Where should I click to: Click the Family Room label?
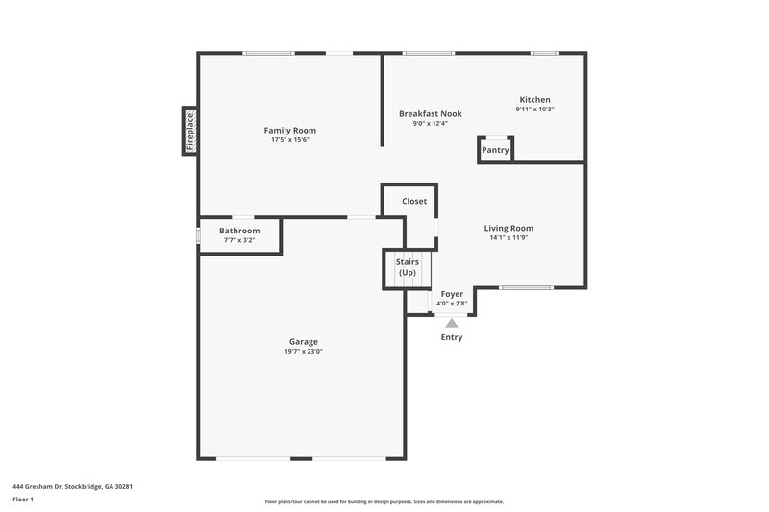(x=289, y=130)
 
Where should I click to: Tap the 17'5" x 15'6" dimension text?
(x=289, y=140)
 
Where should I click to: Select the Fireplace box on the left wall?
(x=189, y=131)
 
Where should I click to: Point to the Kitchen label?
(x=534, y=99)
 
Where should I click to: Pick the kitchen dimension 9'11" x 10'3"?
(x=534, y=110)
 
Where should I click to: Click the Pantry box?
(x=495, y=150)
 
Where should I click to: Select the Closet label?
(x=414, y=201)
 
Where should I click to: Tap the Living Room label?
(x=509, y=228)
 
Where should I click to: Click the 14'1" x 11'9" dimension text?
(x=509, y=238)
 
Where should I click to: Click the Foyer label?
(x=452, y=293)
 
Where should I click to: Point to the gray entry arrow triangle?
(x=452, y=323)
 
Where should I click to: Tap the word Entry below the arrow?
(x=452, y=337)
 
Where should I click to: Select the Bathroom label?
(x=239, y=231)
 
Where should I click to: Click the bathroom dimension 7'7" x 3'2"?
(x=239, y=240)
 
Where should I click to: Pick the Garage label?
(x=304, y=341)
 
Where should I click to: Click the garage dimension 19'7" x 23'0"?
(x=304, y=352)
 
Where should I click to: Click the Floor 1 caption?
(x=23, y=500)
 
